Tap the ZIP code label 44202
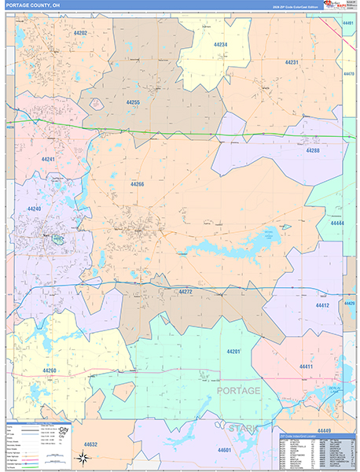(81, 33)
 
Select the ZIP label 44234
(221, 45)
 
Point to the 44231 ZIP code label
(292, 62)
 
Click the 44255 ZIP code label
(133, 102)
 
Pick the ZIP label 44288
(313, 149)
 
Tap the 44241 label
(49, 159)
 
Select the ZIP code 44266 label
(138, 184)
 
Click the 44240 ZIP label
(34, 208)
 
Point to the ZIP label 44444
(337, 223)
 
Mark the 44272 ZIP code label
(186, 291)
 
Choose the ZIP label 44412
(322, 304)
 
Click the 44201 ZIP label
(233, 351)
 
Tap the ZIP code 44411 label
(306, 367)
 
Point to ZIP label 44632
(90, 444)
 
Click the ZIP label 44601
(224, 449)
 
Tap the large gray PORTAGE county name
(237, 391)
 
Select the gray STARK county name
(242, 427)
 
